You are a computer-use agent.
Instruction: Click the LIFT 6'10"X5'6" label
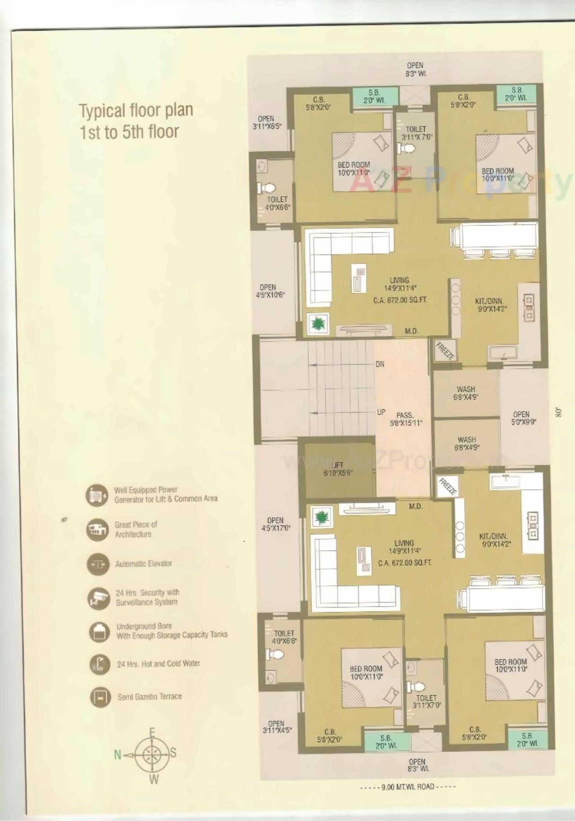point(336,469)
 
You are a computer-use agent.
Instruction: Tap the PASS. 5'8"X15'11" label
point(405,419)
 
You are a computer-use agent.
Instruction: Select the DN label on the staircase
point(380,364)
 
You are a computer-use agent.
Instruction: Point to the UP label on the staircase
point(381,412)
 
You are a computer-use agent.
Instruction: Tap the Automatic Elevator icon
point(98,564)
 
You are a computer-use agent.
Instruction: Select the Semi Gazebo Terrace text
point(150,697)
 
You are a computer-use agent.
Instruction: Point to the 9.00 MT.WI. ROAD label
point(407,787)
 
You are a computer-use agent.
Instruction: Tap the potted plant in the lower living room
point(321,518)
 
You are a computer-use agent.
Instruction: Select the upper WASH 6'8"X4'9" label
point(466,393)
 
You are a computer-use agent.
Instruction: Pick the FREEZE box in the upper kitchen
point(445,351)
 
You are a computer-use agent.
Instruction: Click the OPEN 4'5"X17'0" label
point(276,524)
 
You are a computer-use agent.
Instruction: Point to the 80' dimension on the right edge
point(559,412)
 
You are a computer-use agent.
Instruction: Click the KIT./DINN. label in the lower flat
point(493,540)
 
